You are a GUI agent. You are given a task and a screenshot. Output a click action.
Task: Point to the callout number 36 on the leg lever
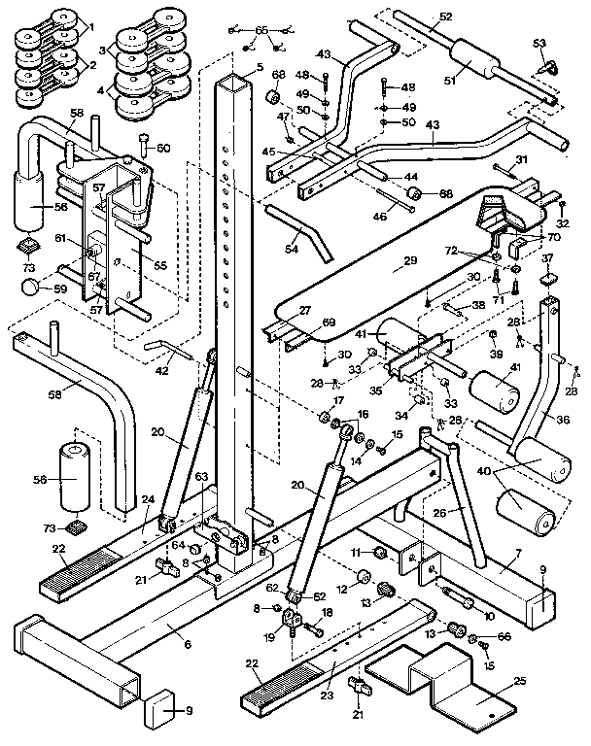tap(562, 420)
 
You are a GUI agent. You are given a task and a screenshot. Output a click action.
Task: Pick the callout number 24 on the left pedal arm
tap(149, 500)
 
